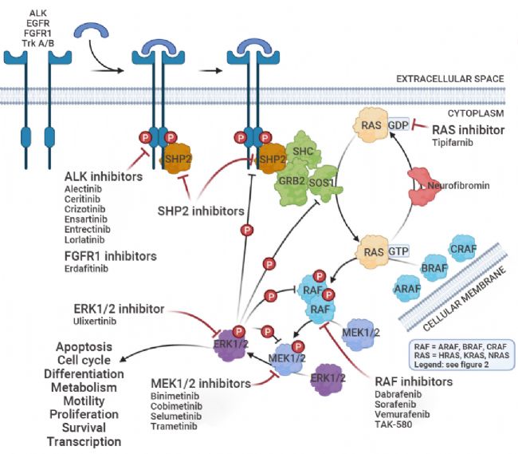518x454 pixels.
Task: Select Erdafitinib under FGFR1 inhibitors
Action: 88,268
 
